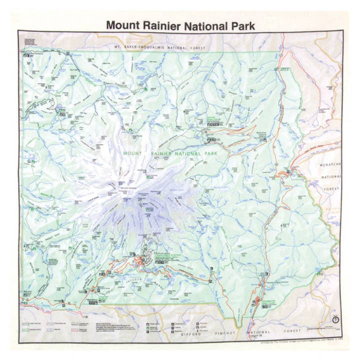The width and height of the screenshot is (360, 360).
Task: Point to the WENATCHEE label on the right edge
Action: tap(330, 164)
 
